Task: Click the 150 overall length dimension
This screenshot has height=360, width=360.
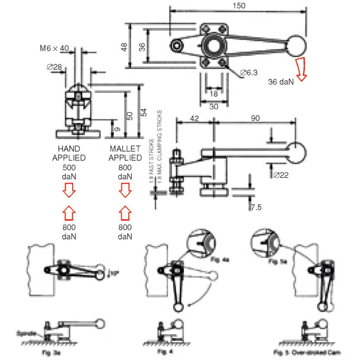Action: (238, 5)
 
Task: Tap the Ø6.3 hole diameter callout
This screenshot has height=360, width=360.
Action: (249, 73)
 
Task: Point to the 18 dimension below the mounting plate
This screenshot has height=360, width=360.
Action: (214, 94)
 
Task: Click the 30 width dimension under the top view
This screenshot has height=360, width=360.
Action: (214, 107)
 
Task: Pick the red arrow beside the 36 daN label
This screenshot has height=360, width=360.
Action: (301, 69)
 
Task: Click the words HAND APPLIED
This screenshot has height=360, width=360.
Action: (69, 153)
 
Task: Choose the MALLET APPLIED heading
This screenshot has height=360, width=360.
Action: (125, 153)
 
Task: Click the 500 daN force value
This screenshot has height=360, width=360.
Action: (69, 172)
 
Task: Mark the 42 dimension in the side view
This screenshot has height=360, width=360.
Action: (194, 118)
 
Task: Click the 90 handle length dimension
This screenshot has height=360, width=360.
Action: (255, 118)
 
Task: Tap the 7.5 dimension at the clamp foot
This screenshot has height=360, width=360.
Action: (256, 207)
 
